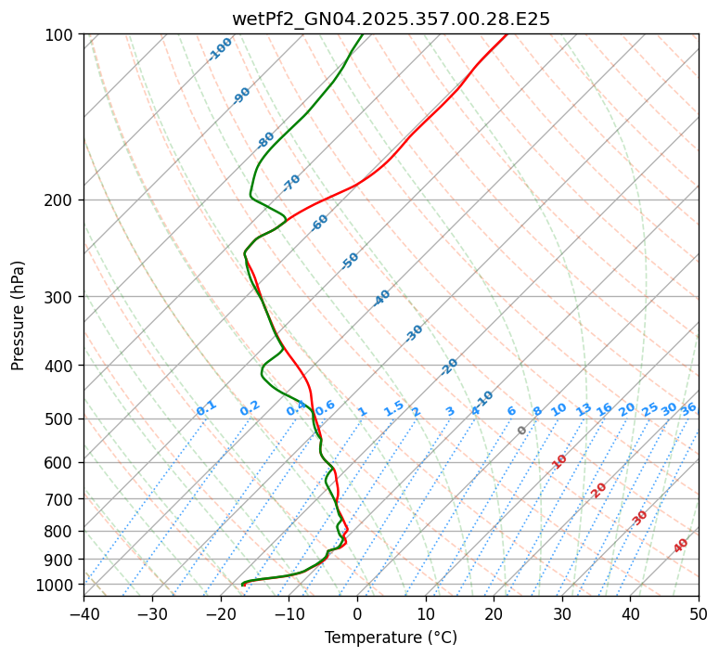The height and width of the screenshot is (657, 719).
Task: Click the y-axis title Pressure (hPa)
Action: point(18,316)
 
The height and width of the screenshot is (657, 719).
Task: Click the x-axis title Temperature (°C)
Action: point(391,638)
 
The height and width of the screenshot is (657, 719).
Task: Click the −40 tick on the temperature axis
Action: point(83,614)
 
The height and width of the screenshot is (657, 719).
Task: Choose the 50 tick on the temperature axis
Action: point(699,614)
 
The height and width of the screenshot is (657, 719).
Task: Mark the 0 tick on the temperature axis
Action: point(357,614)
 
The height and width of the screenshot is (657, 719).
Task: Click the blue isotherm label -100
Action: point(221,49)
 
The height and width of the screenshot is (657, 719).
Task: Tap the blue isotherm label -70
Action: point(291,182)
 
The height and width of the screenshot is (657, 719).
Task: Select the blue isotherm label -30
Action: point(414,333)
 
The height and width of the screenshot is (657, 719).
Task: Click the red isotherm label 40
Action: point(681,546)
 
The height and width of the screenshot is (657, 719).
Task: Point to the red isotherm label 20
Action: point(599,489)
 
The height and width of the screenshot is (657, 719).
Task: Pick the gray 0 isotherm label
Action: point(521,431)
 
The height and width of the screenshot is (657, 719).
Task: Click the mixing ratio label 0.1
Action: point(206,407)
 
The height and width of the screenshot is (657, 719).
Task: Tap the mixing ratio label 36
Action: point(688,408)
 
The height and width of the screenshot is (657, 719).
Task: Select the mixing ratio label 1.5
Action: point(394,407)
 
